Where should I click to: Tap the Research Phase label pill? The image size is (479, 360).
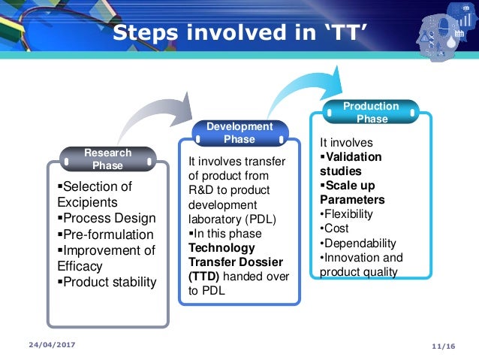[107, 159]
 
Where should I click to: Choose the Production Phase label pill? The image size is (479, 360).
[372, 113]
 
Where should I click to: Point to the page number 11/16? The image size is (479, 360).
[444, 344]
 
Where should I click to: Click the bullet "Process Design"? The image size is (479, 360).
[107, 219]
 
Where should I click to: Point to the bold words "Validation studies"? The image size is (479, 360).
[351, 164]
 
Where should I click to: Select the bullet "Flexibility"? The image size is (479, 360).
[347, 214]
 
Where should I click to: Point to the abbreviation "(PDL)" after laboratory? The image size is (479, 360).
[259, 219]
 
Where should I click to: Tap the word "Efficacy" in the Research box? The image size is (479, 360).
[80, 266]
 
